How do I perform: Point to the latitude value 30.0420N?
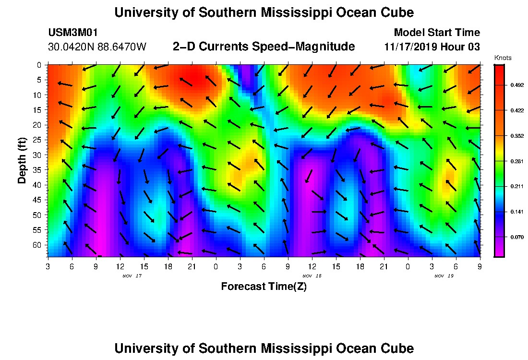click(x=70, y=47)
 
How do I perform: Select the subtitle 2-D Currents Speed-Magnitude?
click(x=264, y=47)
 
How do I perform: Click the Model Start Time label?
click(x=436, y=33)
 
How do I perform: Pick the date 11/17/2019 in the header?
click(x=413, y=47)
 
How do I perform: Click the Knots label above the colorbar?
click(x=503, y=58)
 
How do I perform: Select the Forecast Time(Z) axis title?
click(x=264, y=287)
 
